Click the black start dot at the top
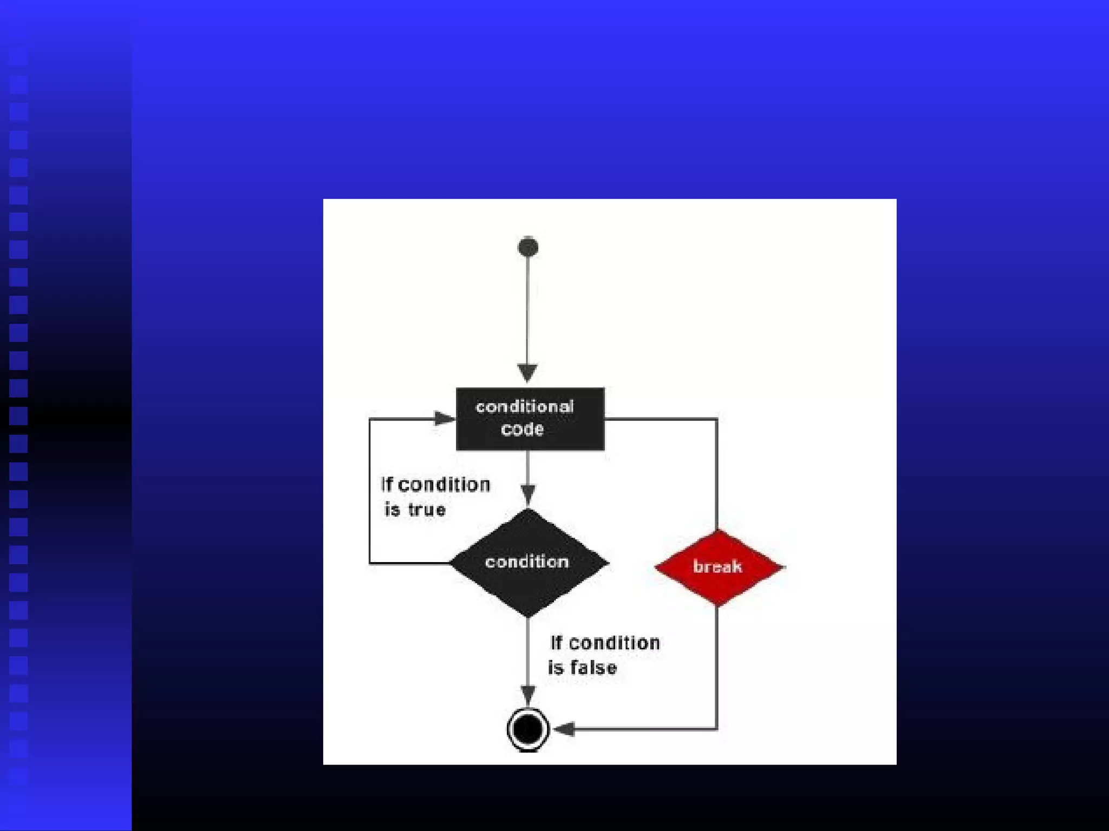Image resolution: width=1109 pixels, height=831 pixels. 528,247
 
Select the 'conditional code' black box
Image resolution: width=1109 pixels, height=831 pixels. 530,419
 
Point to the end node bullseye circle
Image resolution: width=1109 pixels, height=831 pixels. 528,729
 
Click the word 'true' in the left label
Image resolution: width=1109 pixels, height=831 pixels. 427,510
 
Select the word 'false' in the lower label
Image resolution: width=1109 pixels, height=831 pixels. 593,668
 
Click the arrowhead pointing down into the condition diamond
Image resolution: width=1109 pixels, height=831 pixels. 528,494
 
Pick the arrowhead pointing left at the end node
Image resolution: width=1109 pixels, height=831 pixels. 564,729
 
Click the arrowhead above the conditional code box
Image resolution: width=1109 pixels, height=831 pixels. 527,373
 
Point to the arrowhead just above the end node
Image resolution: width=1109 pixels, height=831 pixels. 528,695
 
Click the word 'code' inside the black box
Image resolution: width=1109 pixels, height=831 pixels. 522,430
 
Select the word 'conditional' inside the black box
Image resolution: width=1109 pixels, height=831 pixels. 524,406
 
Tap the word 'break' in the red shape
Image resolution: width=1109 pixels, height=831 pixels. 717,566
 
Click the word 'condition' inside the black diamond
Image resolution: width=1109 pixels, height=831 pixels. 527,562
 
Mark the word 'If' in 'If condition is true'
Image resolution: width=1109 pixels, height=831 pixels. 387,484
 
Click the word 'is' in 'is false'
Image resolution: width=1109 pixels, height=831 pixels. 556,668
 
